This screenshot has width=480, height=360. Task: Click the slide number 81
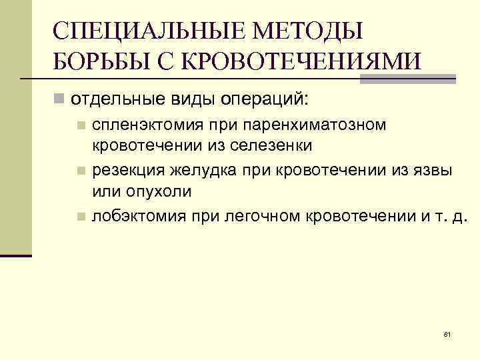[447, 333]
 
